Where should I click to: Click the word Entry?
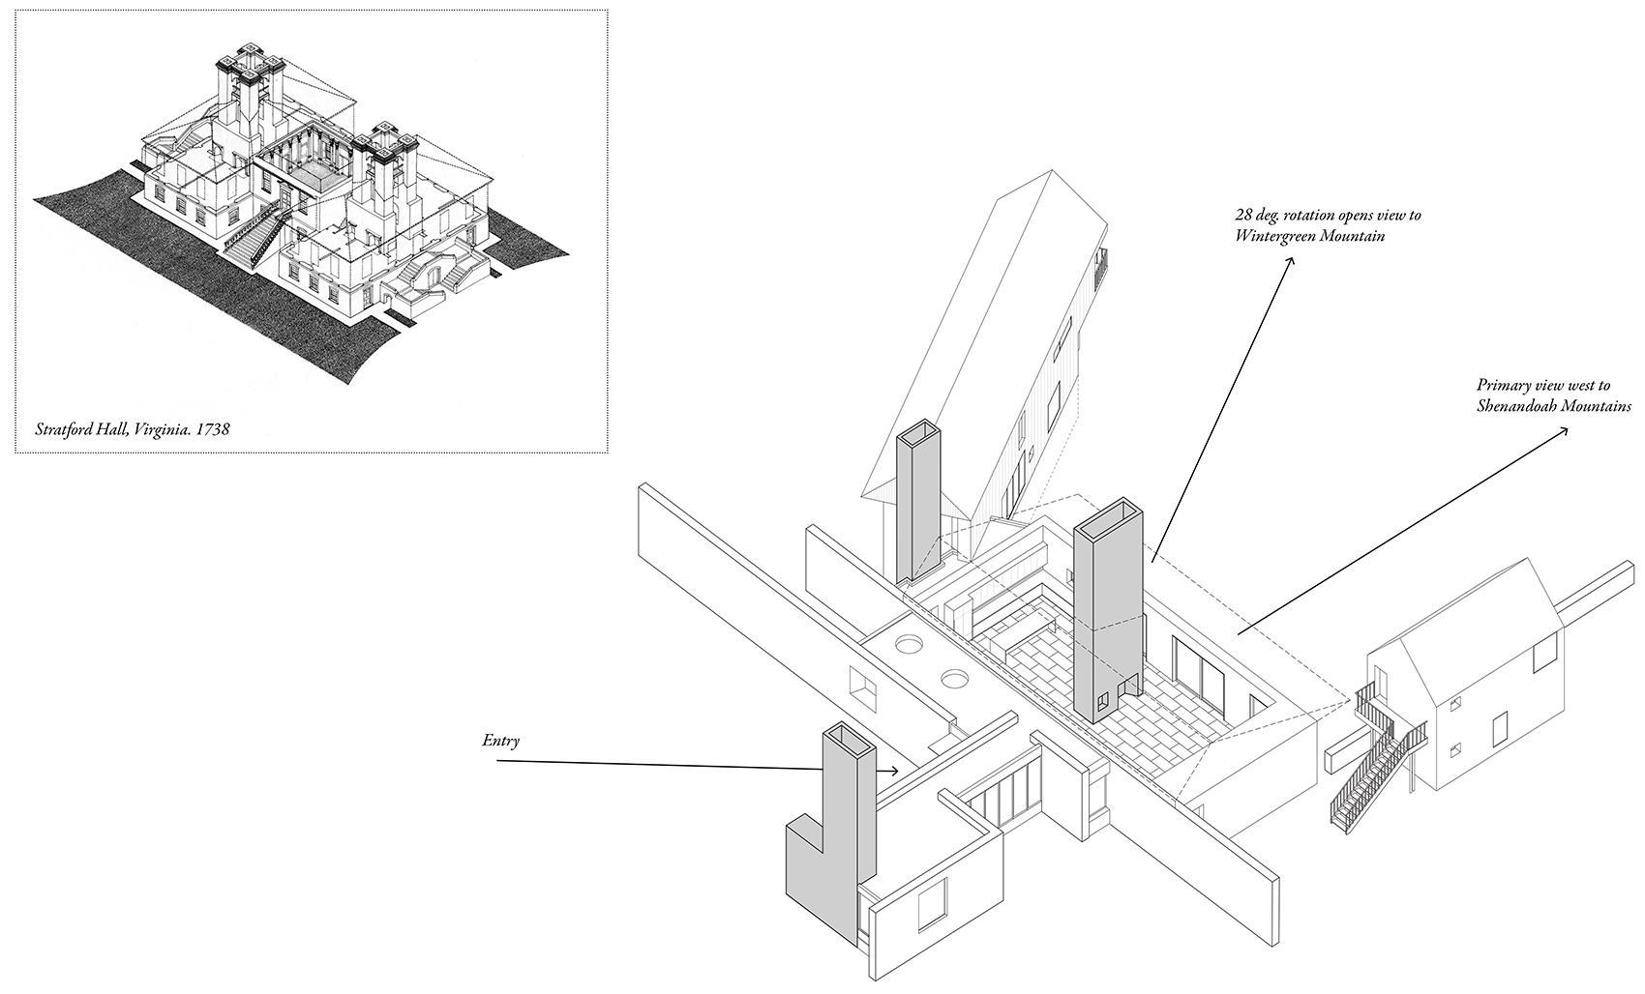[x=500, y=742]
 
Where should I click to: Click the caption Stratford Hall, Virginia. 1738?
[x=133, y=429]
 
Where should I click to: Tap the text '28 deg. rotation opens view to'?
[x=1328, y=215]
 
